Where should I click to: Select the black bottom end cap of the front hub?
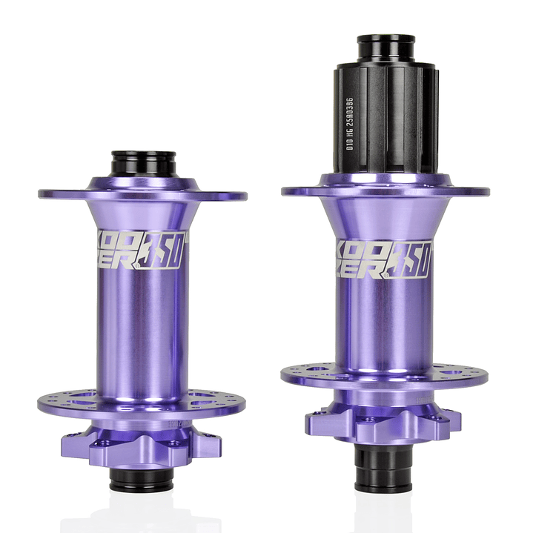point(142,480)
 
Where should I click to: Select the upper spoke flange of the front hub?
point(142,193)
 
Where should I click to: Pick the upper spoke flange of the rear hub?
point(385,189)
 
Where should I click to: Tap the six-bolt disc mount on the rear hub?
point(383,423)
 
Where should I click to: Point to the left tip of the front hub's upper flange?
point(42,194)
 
